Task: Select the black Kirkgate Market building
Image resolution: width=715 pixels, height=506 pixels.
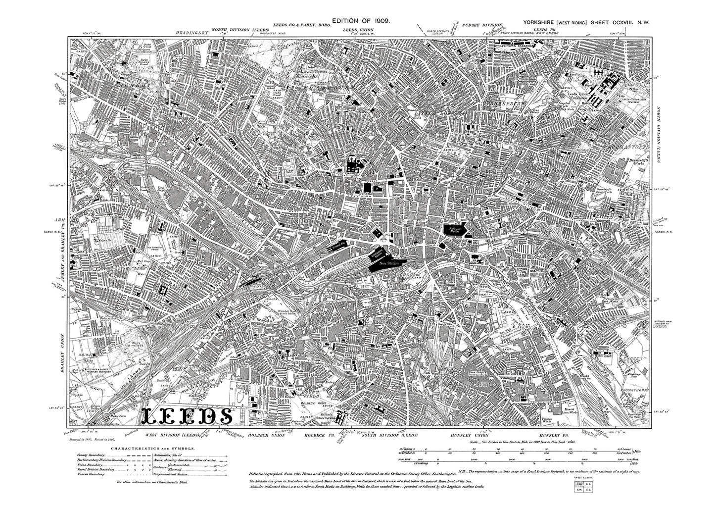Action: [x=455, y=229]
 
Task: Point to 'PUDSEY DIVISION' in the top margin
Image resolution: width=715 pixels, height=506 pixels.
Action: [x=482, y=24]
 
